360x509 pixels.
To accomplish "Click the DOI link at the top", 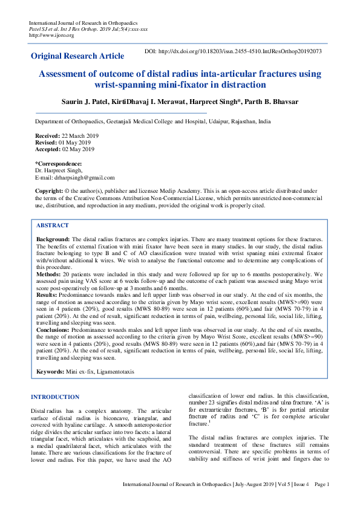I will pyautogui.click(x=233, y=51).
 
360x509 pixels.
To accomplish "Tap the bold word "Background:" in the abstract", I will pyautogui.click(x=53, y=239).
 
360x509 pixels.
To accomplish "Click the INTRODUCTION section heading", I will pyautogui.click(x=55, y=397).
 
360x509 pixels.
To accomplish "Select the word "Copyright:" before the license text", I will pyautogui.click(x=49, y=190).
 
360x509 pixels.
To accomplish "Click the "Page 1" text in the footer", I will pyautogui.click(x=321, y=501).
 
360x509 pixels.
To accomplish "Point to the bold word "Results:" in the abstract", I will pyautogui.click(x=48, y=296).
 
